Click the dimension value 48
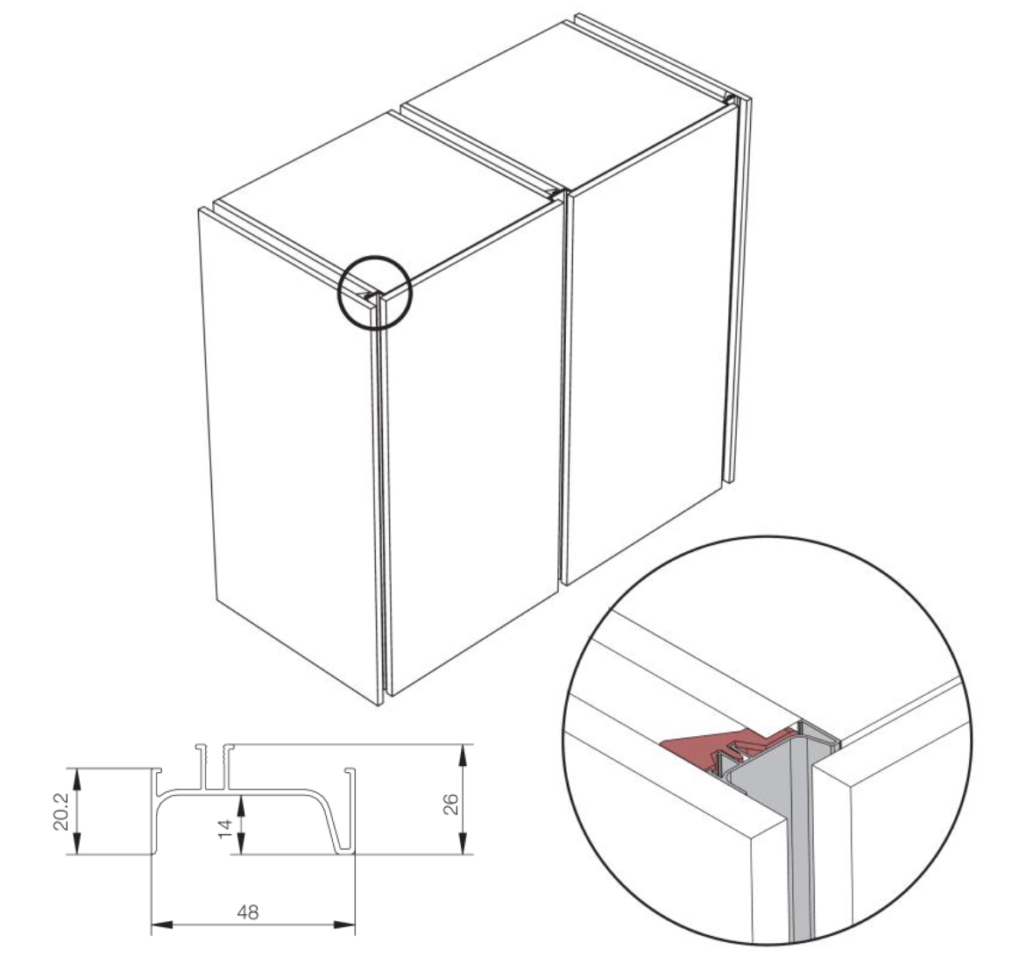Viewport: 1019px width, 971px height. click(248, 912)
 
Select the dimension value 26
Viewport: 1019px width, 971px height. click(451, 804)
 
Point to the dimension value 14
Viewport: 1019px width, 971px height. click(225, 829)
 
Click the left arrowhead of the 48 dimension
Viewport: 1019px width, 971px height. click(162, 924)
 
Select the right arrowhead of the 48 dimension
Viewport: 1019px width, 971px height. click(344, 924)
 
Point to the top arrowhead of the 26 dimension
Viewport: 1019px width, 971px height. click(463, 755)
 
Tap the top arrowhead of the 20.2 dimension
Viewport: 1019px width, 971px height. click(77, 780)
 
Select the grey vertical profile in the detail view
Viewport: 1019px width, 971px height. click(801, 845)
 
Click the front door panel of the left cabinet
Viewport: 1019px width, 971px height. click(291, 455)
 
